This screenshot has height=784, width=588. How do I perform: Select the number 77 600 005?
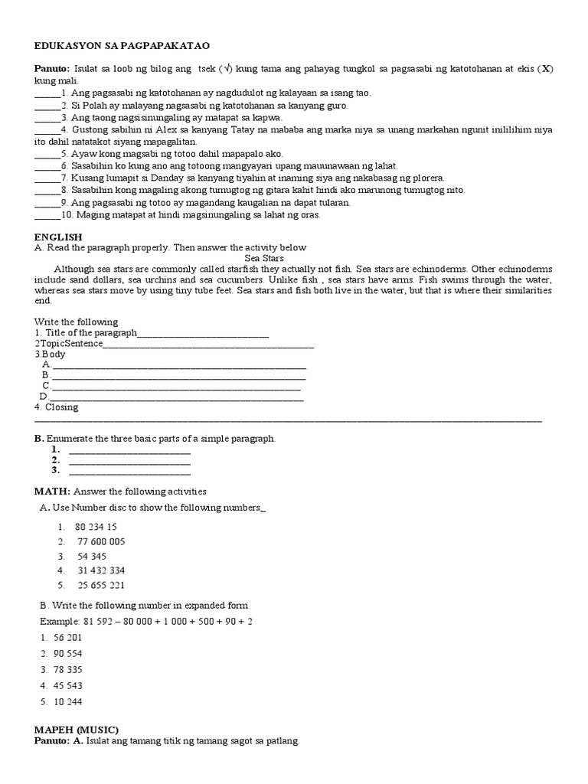[x=101, y=541]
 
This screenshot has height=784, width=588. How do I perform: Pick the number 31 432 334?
[x=101, y=570]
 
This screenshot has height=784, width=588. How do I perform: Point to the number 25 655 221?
[x=101, y=585]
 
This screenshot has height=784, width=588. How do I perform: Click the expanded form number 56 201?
[x=67, y=638]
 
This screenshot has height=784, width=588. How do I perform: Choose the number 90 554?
[x=67, y=654]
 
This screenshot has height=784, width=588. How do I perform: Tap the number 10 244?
[x=67, y=702]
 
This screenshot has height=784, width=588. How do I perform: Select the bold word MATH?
[x=53, y=491]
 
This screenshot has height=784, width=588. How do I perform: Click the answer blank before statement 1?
[x=47, y=94]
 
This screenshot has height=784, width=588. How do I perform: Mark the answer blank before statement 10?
[x=47, y=216]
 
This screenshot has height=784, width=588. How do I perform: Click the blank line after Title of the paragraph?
[x=203, y=335]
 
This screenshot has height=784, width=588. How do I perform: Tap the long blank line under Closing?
[x=288, y=420]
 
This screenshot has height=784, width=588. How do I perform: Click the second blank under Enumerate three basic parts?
[x=129, y=462]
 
